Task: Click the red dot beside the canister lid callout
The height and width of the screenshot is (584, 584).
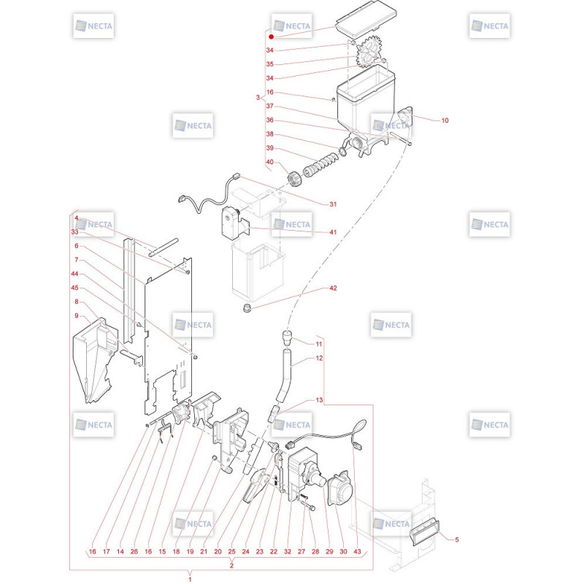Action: [271, 36]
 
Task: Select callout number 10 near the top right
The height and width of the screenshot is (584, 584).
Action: [445, 120]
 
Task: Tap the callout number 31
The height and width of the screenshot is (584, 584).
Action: [333, 204]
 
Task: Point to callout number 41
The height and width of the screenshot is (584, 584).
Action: [333, 232]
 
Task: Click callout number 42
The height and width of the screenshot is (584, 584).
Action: [333, 288]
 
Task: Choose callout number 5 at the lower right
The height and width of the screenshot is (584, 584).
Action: [457, 539]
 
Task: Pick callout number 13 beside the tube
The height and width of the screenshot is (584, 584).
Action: [319, 400]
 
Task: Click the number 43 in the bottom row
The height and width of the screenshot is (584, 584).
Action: [357, 551]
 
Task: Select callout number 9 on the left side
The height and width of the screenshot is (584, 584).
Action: [77, 316]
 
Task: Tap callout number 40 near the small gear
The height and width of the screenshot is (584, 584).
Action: [269, 162]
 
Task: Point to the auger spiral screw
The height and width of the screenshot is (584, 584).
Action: [321, 165]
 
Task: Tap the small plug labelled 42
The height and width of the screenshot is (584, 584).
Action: [246, 308]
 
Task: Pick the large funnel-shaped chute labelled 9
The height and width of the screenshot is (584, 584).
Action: [93, 361]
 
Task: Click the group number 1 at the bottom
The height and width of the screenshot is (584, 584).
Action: [190, 579]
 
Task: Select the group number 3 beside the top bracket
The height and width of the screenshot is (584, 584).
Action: [258, 97]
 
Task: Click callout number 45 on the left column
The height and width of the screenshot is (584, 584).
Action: [74, 288]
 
